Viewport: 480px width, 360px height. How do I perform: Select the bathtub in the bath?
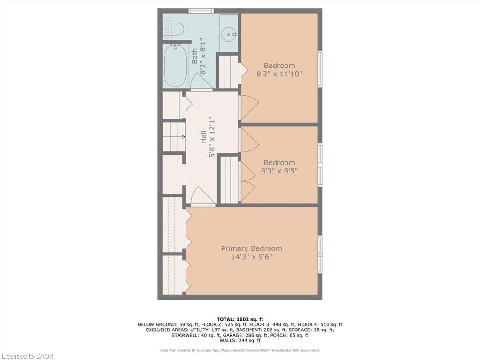[175, 65]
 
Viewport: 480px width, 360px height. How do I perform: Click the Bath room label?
[195, 56]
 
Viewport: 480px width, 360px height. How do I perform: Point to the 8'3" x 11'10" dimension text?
[279, 74]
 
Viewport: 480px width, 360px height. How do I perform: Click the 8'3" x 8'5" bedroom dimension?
[279, 171]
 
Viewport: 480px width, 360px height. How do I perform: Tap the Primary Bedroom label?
[252, 248]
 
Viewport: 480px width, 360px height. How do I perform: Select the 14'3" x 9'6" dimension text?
[252, 256]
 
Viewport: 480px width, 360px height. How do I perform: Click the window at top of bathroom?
[201, 11]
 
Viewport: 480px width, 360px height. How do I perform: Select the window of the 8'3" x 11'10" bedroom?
[320, 69]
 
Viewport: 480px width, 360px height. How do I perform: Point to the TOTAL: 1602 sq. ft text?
[240, 319]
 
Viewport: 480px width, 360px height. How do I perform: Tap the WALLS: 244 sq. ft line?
[240, 340]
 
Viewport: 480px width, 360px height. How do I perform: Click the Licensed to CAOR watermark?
[27, 356]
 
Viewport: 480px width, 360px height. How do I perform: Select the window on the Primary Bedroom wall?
[320, 254]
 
